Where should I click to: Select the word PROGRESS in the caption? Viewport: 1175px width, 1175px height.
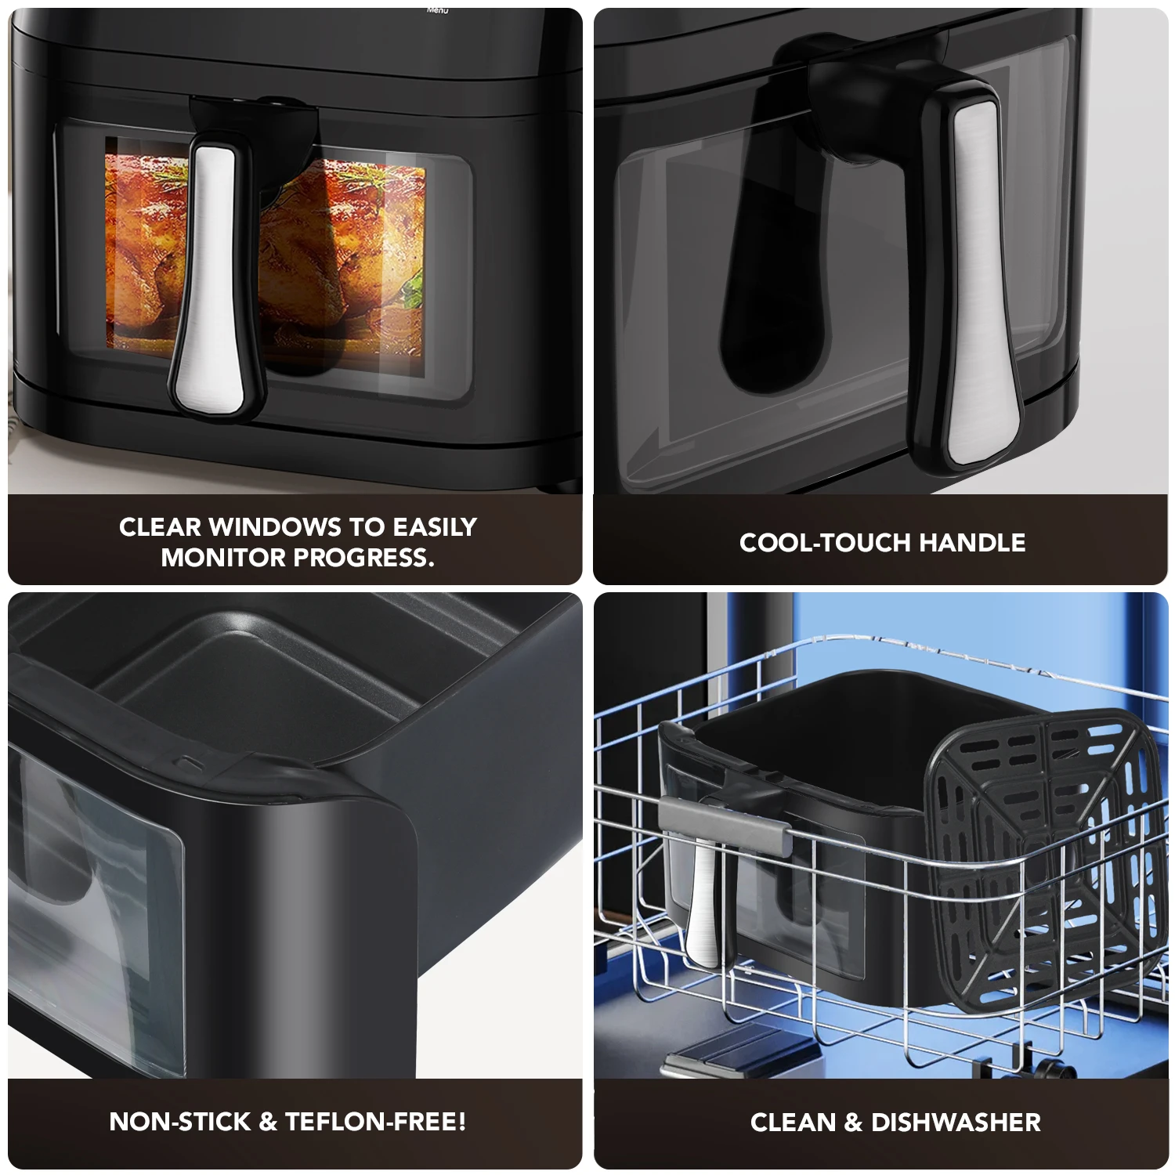tap(364, 558)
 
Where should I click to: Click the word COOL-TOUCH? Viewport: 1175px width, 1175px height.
tap(825, 542)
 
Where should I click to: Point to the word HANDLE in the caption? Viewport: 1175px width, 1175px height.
tap(972, 542)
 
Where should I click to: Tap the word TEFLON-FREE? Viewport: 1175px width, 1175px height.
tap(376, 1122)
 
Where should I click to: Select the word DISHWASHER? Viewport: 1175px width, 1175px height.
tap(956, 1123)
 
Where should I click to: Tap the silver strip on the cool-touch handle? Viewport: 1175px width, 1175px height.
tap(979, 274)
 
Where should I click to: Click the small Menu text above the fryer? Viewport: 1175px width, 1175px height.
tap(438, 10)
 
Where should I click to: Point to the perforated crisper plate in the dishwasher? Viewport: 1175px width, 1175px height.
tap(1042, 830)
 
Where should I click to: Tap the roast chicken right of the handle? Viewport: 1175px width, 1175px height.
tap(345, 258)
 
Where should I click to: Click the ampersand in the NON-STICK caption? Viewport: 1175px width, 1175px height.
tap(268, 1122)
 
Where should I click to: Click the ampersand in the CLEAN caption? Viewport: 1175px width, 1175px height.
tap(852, 1123)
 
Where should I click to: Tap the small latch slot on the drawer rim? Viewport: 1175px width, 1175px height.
tap(189, 761)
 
